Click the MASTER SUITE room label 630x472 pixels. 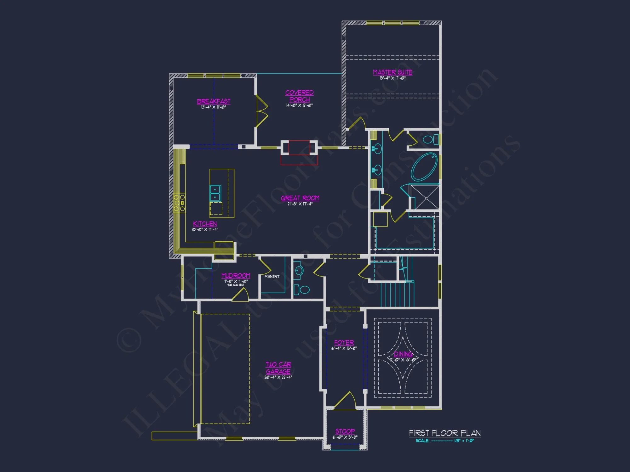[x=392, y=72]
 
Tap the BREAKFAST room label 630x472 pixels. [x=214, y=101]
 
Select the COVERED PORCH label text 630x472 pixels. [x=299, y=96]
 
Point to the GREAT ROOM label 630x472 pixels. [x=300, y=198]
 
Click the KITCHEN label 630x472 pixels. [x=205, y=224]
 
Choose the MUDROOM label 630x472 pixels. [x=236, y=276]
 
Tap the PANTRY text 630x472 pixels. [x=272, y=276]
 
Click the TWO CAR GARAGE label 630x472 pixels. [x=278, y=368]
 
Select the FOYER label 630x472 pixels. [x=344, y=343]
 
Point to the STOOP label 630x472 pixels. [x=345, y=431]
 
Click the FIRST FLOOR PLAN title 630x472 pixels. [x=444, y=433]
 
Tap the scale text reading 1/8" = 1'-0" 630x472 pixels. [x=464, y=441]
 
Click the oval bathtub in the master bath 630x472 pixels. [x=424, y=167]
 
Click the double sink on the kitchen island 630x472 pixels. [x=215, y=193]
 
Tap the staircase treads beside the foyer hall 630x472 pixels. [x=397, y=294]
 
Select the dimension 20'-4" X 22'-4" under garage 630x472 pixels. [x=278, y=377]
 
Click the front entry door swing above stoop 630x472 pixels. [x=345, y=401]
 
